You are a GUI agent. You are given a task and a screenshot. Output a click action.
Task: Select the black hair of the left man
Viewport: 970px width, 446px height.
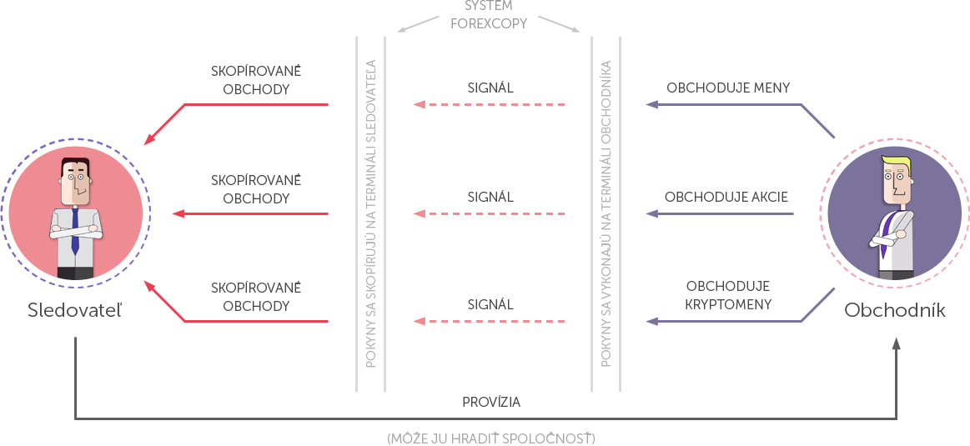coord(75,163)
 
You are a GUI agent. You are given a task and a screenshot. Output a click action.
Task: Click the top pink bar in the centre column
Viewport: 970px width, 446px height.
coord(489,105)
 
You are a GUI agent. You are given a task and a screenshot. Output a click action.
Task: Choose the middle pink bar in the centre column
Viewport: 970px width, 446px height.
coord(489,214)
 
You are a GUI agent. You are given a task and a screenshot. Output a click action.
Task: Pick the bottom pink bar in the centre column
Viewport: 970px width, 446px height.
coord(489,322)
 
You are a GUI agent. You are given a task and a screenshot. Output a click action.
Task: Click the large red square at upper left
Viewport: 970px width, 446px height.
coord(168,122)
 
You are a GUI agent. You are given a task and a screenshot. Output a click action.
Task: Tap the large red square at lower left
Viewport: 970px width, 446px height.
coord(168,304)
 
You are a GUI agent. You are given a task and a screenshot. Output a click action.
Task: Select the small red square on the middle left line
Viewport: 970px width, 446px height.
coord(178,214)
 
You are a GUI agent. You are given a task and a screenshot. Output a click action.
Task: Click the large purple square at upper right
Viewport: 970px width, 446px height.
coord(817,121)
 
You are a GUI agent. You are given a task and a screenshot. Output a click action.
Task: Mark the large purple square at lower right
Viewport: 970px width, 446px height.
coord(817,305)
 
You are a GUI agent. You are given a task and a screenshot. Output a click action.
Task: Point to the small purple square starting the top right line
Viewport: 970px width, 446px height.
coord(652,105)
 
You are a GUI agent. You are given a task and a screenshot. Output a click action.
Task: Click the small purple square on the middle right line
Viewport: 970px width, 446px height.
coord(652,214)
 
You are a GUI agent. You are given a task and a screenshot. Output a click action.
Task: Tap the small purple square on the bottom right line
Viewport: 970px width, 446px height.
coord(652,321)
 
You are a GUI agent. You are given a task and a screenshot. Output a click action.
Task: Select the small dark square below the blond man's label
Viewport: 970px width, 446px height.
coord(896,343)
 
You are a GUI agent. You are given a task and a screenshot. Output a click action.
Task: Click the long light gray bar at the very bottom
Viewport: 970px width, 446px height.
coord(490,438)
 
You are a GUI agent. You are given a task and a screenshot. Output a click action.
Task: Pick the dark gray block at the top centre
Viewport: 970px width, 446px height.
coord(489,14)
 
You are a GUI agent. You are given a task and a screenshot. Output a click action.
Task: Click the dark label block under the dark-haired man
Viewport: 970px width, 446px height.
coord(75,310)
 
